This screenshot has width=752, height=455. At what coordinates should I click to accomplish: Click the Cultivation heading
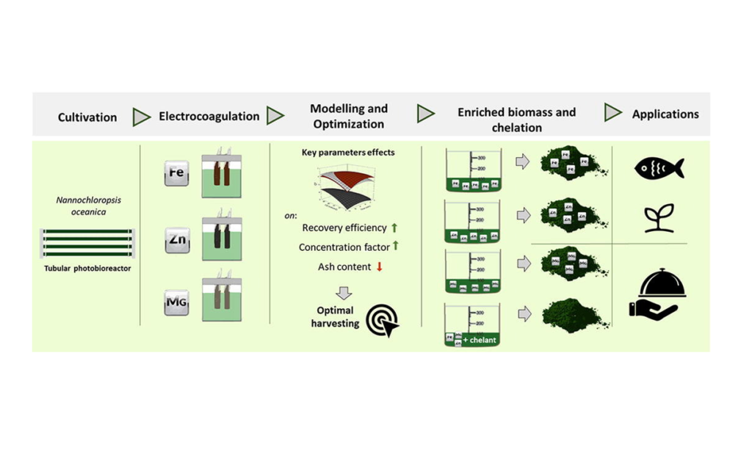(87, 117)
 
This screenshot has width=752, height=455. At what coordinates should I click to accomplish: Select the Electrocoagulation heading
(209, 116)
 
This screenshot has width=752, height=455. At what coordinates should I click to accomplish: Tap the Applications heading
(665, 114)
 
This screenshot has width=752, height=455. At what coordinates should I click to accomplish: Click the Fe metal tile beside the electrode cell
(177, 174)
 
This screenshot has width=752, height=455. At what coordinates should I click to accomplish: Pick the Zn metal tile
(177, 240)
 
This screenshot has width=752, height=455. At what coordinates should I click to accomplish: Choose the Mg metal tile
(177, 302)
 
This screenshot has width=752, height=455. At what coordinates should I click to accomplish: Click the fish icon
(659, 168)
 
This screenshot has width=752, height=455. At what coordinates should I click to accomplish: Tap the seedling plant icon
(659, 218)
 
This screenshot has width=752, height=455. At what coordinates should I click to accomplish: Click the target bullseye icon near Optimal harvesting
(381, 320)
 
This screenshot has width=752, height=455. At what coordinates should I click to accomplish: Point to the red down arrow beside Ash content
(380, 267)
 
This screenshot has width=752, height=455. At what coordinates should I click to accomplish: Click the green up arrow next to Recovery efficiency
(394, 228)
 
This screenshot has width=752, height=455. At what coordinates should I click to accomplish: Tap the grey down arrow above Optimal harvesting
(343, 291)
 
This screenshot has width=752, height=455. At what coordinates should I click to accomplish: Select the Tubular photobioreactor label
(87, 268)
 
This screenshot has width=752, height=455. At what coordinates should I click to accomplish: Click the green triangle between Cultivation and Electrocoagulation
(142, 117)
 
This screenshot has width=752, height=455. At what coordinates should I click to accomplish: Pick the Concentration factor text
(344, 247)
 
